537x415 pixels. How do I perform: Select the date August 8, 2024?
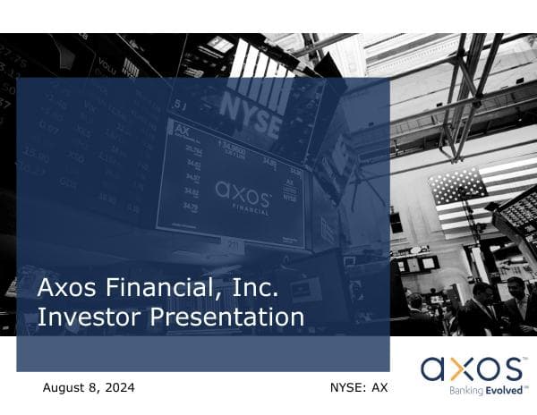[89, 388]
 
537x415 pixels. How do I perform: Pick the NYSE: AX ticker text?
[359, 388]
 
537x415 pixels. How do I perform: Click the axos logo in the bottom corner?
[473, 368]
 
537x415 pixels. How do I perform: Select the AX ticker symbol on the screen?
[183, 129]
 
